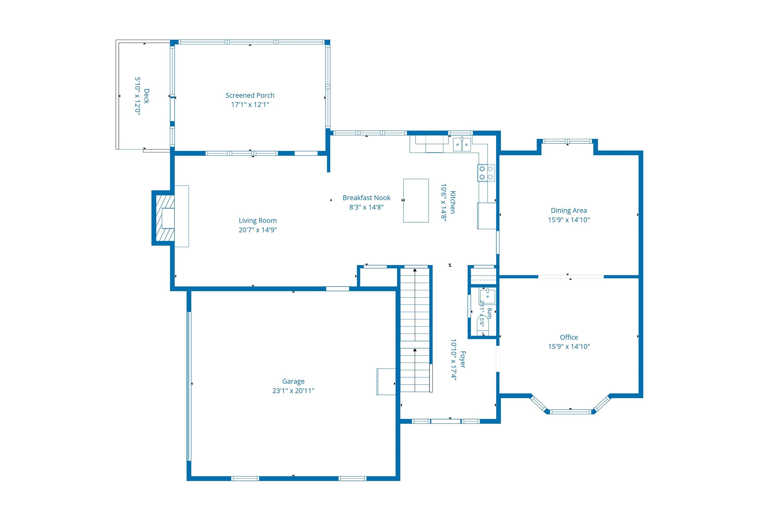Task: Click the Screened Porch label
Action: coord(250,95)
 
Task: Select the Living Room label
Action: coord(258,221)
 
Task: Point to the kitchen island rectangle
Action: coord(416,200)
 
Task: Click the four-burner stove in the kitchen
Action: coord(486,173)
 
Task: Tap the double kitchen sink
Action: coord(462,144)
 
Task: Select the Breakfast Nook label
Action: coord(366,198)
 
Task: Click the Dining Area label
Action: coord(569,210)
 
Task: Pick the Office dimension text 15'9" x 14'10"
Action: coord(569,346)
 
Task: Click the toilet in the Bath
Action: coord(483,326)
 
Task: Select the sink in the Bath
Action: coord(487,296)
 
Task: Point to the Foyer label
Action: coord(462,360)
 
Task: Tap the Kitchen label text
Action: coord(453,202)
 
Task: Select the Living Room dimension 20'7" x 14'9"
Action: coord(258,230)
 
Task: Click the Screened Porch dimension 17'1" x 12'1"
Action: coord(250,105)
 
